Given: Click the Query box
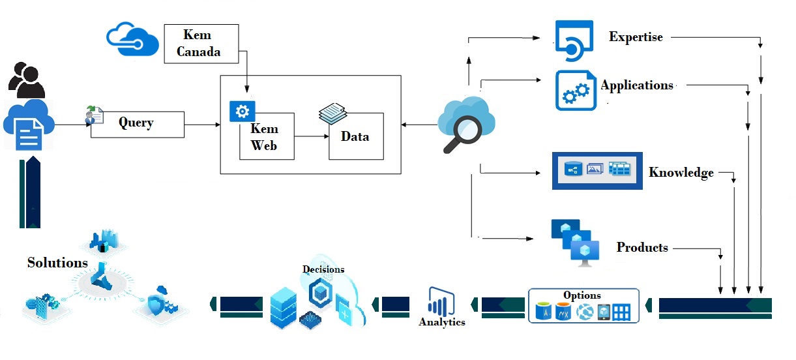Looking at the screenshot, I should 137,123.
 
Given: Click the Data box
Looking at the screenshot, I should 355,136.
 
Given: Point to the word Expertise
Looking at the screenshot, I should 636,37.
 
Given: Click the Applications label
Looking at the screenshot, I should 637,85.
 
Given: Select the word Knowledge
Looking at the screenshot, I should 681,173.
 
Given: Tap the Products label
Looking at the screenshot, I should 642,248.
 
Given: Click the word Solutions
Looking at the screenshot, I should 57,263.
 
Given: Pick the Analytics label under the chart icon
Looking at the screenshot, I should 442,322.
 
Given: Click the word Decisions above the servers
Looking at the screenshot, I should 323,269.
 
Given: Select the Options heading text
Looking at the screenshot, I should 582,295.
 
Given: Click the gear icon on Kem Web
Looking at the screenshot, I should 242,111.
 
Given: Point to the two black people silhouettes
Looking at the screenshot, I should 27,80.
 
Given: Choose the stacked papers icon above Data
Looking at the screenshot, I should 334,115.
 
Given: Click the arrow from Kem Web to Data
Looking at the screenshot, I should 311,136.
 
